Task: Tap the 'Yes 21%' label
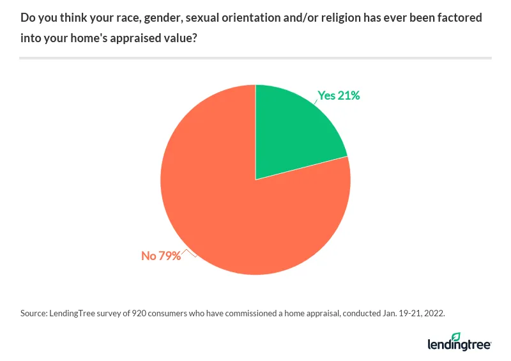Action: (x=339, y=96)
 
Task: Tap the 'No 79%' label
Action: (x=161, y=256)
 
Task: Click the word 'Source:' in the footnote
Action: (x=34, y=314)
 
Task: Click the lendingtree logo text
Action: (x=458, y=345)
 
